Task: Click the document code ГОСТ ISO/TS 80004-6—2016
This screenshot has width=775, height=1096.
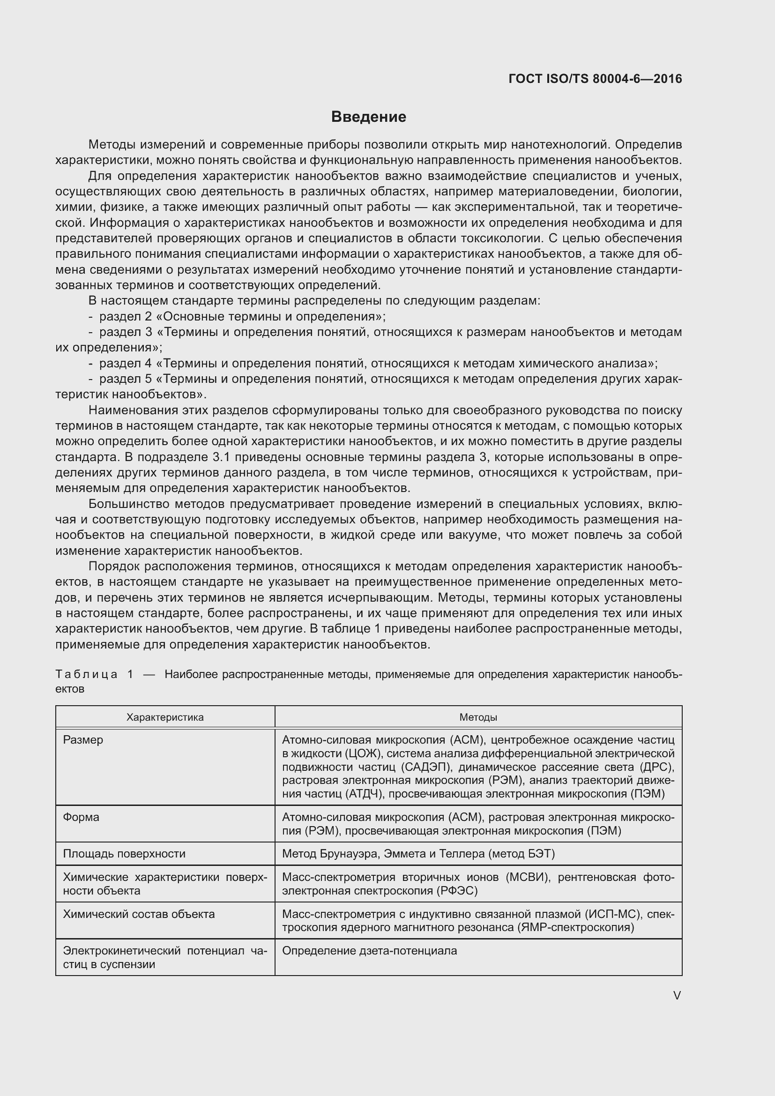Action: click(x=595, y=79)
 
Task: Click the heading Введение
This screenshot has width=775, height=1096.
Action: click(x=368, y=117)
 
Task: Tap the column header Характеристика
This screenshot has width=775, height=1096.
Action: click(x=164, y=717)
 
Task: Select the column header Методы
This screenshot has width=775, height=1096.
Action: click(x=478, y=717)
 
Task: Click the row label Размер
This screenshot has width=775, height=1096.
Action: click(x=83, y=740)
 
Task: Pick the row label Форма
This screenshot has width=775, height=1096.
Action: click(x=81, y=817)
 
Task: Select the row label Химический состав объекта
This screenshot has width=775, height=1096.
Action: click(x=139, y=914)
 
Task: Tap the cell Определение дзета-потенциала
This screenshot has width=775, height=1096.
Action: click(x=369, y=951)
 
